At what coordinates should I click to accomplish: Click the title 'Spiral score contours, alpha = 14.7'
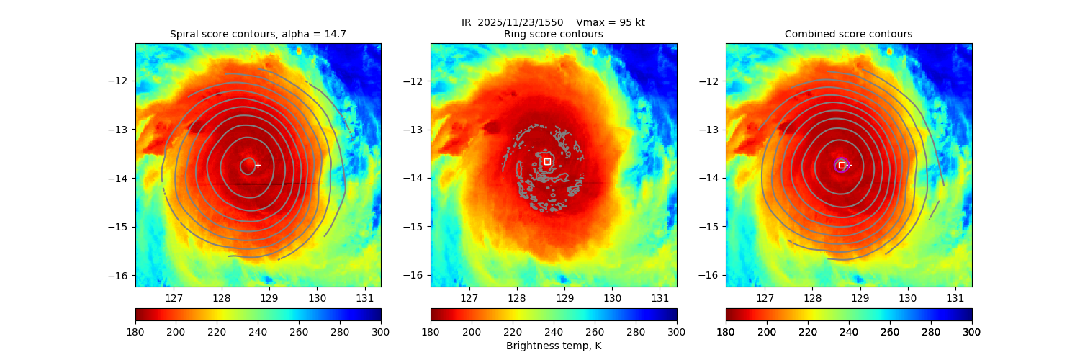(x=258, y=34)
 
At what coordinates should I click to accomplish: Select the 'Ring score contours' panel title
(x=553, y=34)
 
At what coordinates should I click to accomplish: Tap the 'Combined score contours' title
(x=848, y=34)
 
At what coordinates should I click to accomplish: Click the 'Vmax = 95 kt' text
(x=611, y=22)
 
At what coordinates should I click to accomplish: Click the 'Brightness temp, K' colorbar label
(x=553, y=346)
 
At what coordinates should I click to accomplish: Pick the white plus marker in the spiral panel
(x=258, y=165)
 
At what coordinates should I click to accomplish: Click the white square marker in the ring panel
(x=547, y=161)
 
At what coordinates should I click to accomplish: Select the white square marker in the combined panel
(x=842, y=165)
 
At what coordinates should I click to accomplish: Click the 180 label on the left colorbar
(x=135, y=332)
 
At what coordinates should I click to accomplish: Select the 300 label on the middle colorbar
(x=676, y=332)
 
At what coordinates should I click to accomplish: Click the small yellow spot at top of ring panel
(x=594, y=51)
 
